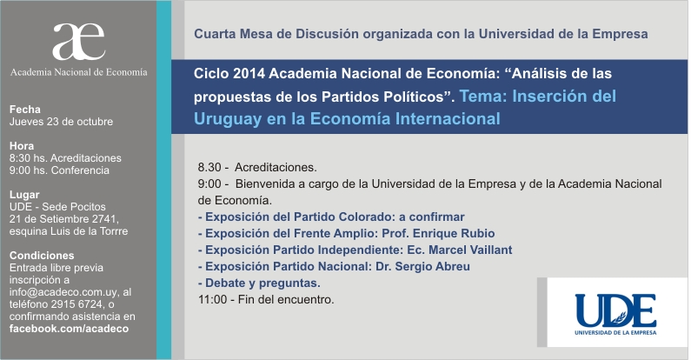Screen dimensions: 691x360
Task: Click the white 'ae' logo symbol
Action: tap(78, 42)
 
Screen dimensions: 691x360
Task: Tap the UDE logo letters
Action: tap(615, 310)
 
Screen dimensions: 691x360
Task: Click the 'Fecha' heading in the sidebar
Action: tap(25, 110)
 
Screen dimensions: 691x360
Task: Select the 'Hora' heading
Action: tap(22, 146)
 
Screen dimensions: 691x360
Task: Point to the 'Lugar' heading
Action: tap(24, 195)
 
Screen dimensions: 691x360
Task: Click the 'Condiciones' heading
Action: tap(42, 256)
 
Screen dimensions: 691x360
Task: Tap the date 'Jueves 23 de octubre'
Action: tap(61, 122)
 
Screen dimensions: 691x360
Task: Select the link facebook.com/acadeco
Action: tap(70, 329)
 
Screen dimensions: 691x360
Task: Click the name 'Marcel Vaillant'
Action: tap(470, 250)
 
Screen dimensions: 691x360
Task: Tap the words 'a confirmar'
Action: tap(432, 217)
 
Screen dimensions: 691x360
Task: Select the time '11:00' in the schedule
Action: tap(212, 300)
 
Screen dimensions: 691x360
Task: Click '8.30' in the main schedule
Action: tap(209, 168)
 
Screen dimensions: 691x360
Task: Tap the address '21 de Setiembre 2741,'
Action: tap(64, 219)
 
